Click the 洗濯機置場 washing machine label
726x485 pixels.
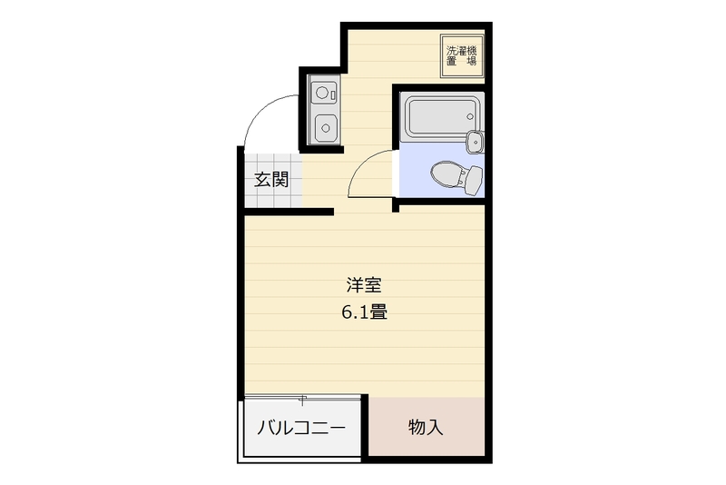pyautogui.click(x=462, y=55)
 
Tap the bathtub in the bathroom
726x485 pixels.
pyautogui.click(x=441, y=117)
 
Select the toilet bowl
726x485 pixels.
pyautogui.click(x=446, y=175)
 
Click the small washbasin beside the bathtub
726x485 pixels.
pyautogui.click(x=475, y=142)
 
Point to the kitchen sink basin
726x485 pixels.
pyautogui.click(x=326, y=127)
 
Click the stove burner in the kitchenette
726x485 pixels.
pyautogui.click(x=322, y=92)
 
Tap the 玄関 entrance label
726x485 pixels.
pyautogui.click(x=271, y=180)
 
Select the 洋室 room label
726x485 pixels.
pyautogui.click(x=364, y=285)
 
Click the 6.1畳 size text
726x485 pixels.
pyautogui.click(x=365, y=312)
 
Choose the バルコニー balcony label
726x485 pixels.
pyautogui.click(x=301, y=428)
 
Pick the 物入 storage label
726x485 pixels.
pyautogui.click(x=426, y=427)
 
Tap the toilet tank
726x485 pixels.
pyautogui.click(x=474, y=180)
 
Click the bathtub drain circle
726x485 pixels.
pyautogui.click(x=470, y=116)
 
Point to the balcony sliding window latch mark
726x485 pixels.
pyautogui.click(x=302, y=399)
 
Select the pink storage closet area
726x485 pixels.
pyautogui.click(x=427, y=426)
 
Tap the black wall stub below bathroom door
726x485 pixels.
pyautogui.click(x=396, y=205)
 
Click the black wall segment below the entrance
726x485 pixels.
pyautogui.click(x=289, y=213)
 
